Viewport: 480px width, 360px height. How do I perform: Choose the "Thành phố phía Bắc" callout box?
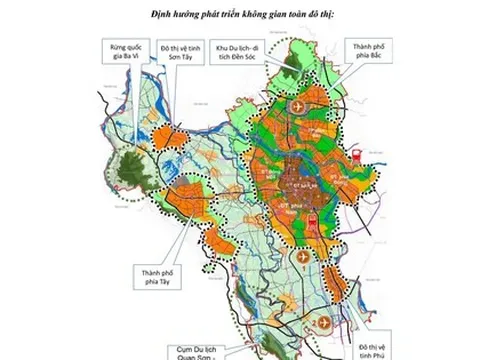tap(363, 52)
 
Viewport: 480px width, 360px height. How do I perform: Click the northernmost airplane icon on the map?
tap(300, 105)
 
